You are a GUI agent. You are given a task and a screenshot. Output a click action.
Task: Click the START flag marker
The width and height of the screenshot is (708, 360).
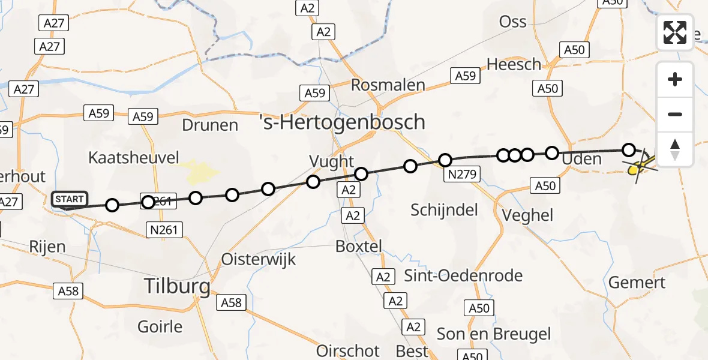click(70, 199)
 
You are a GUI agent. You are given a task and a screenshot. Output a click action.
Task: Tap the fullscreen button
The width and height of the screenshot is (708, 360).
click(675, 32)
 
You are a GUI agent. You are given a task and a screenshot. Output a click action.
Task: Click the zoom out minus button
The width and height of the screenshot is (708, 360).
click(675, 114)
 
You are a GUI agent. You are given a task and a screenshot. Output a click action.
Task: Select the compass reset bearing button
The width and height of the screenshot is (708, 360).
click(675, 149)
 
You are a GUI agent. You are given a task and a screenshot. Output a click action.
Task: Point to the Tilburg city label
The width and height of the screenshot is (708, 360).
click(177, 286)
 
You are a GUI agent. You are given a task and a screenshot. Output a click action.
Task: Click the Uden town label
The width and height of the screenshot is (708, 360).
click(581, 159)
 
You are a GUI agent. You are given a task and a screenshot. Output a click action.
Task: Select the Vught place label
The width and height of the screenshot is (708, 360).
click(332, 161)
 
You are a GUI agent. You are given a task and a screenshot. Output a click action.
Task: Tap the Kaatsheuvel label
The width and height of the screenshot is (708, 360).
click(133, 158)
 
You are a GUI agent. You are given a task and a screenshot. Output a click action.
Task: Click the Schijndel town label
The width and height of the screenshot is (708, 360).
click(444, 209)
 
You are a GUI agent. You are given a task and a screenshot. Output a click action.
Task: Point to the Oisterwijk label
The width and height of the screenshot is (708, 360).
click(259, 259)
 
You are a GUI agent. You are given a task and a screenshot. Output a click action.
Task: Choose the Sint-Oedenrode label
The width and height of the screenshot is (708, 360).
click(463, 276)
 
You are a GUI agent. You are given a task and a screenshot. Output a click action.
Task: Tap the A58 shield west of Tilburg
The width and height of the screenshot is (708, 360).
click(68, 292)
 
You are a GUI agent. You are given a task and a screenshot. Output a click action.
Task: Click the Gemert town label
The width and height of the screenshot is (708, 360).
click(637, 282)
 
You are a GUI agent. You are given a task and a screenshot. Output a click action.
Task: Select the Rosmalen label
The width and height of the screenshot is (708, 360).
click(388, 85)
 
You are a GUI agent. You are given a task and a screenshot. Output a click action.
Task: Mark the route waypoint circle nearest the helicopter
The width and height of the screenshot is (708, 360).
click(628, 149)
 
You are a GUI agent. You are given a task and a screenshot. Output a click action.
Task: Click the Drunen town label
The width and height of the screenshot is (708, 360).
click(209, 125)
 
